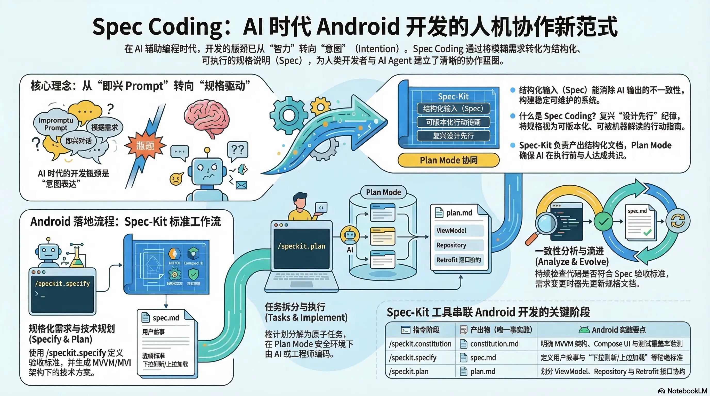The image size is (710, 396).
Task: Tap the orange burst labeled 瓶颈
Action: (x=145, y=145)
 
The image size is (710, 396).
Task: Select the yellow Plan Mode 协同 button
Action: (x=448, y=160)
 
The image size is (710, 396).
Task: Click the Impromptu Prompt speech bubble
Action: (x=56, y=124)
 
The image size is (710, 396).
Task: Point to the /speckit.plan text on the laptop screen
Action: (x=301, y=246)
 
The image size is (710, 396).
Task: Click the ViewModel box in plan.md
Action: (x=459, y=230)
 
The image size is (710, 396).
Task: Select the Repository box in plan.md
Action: (x=459, y=245)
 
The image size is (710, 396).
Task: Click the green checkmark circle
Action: (x=603, y=221)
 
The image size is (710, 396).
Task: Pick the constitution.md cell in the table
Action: (x=494, y=344)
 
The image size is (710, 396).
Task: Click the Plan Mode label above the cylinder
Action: (x=383, y=192)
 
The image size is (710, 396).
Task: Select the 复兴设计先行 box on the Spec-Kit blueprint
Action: (x=453, y=136)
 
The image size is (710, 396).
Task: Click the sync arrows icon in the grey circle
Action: (x=678, y=221)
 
